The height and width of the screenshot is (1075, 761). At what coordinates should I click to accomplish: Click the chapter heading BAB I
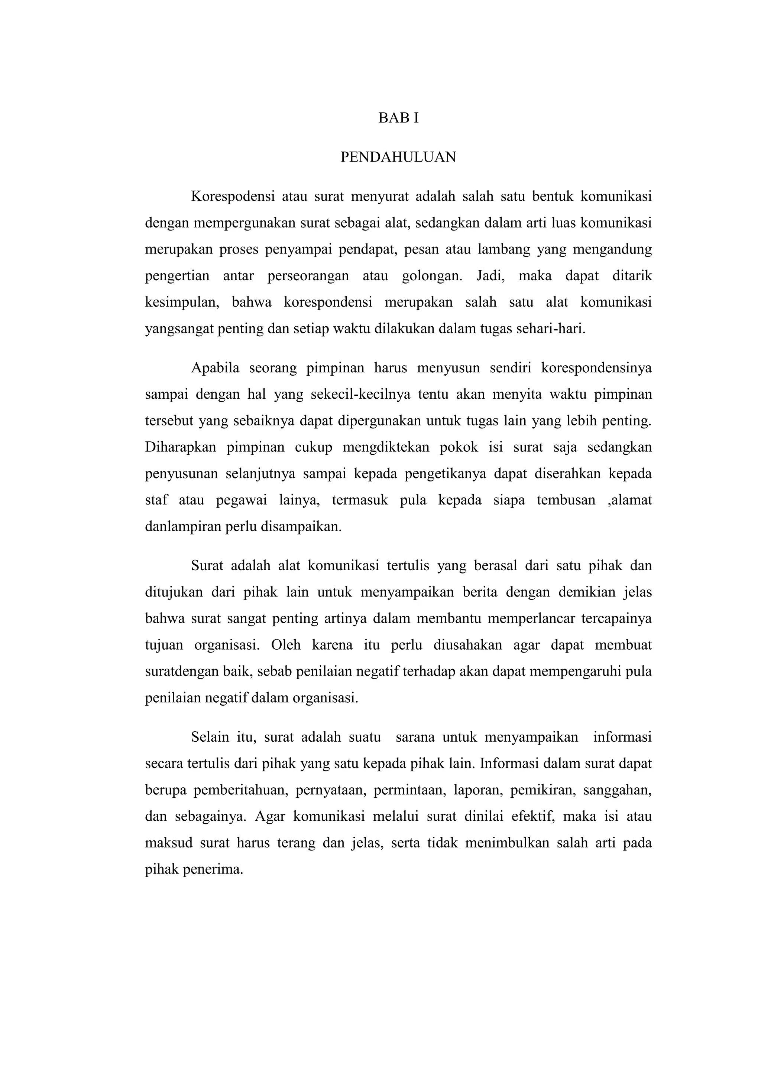coord(398,118)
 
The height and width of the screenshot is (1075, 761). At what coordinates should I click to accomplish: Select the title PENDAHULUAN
coord(398,157)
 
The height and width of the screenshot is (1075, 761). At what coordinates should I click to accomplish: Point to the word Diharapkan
coord(181,448)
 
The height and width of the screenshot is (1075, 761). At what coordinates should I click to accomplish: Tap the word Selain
coord(210,738)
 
